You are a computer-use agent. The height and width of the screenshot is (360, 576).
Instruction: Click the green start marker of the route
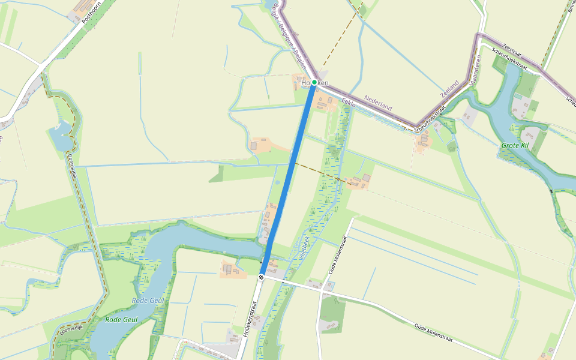coord(314,82)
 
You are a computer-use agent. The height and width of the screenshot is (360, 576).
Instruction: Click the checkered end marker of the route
coord(262,277)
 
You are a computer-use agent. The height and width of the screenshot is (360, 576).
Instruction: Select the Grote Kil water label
coord(515,145)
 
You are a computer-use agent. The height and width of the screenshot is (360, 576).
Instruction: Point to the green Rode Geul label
coord(122,320)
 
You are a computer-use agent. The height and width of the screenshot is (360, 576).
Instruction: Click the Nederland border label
coord(378,102)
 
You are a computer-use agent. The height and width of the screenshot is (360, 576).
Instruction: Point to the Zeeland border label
coord(449,88)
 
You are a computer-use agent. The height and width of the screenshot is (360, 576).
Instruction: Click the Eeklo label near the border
coord(349,103)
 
